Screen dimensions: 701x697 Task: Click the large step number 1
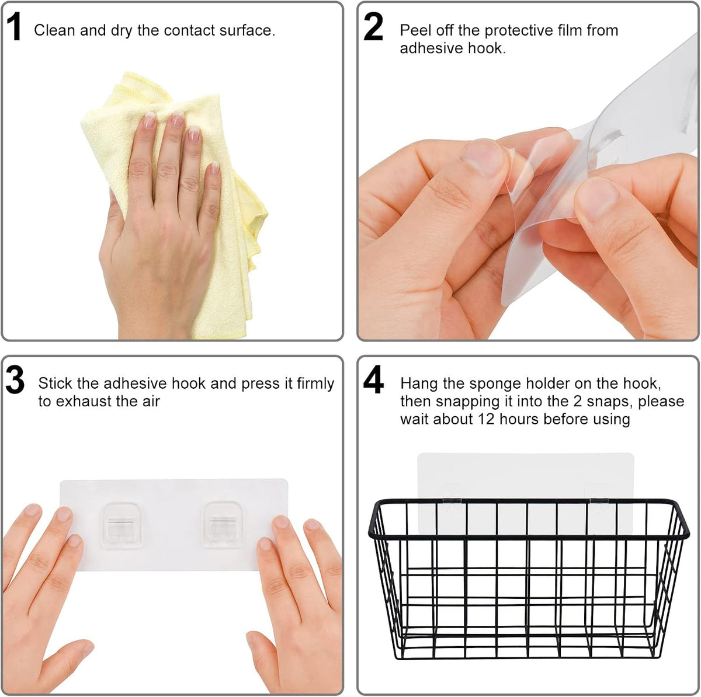(x=14, y=26)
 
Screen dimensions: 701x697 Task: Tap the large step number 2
(x=373, y=26)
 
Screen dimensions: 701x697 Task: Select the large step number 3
(x=15, y=379)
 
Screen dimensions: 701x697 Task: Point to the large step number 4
(x=373, y=379)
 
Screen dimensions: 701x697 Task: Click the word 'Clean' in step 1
(x=54, y=30)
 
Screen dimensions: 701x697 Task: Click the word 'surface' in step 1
(x=247, y=30)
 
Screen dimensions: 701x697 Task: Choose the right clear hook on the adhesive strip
(x=223, y=524)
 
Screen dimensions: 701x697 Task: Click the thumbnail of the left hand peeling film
(x=483, y=156)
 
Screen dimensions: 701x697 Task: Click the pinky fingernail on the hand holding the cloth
(x=214, y=168)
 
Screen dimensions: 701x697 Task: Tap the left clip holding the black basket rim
(x=453, y=501)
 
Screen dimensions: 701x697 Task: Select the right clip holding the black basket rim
(x=599, y=501)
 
